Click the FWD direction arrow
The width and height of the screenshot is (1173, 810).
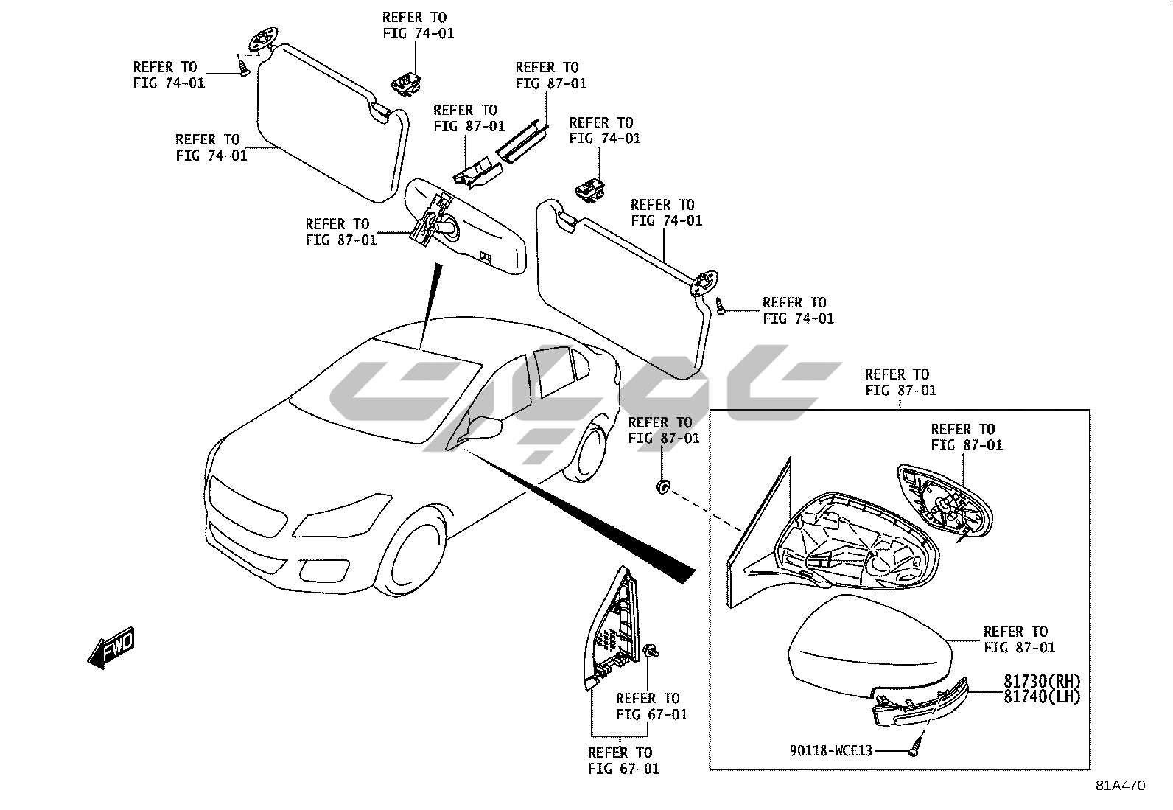(111, 648)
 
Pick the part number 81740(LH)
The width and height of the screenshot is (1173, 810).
(1041, 696)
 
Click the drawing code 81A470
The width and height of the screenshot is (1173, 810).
(1120, 786)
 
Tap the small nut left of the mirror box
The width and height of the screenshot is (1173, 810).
(662, 486)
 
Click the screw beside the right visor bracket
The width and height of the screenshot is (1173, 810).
(721, 307)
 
